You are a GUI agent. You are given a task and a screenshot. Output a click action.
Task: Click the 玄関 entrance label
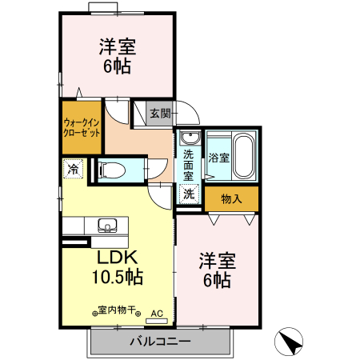(160, 114)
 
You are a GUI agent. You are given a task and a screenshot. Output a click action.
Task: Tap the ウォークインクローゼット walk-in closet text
(82, 128)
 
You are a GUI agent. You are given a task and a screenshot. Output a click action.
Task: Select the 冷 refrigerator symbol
(73, 170)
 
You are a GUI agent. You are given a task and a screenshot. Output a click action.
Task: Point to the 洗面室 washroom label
(188, 164)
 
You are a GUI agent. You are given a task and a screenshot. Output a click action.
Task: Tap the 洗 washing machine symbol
(188, 193)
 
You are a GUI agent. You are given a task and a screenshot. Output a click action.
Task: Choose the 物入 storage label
(231, 198)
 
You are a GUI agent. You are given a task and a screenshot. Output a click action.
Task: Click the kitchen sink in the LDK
(106, 225)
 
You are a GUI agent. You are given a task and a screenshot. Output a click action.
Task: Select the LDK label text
(118, 258)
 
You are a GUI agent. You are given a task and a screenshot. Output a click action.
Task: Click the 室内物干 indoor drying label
(118, 311)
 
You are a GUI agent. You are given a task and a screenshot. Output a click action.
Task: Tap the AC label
(157, 313)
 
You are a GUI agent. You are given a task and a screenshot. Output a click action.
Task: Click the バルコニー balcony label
(160, 342)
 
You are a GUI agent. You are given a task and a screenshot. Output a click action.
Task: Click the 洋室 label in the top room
(117, 46)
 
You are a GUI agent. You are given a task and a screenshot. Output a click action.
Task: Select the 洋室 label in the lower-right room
(217, 260)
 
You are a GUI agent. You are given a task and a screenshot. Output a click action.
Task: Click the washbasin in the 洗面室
(189, 138)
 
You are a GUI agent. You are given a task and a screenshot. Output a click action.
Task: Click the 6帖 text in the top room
(117, 66)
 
